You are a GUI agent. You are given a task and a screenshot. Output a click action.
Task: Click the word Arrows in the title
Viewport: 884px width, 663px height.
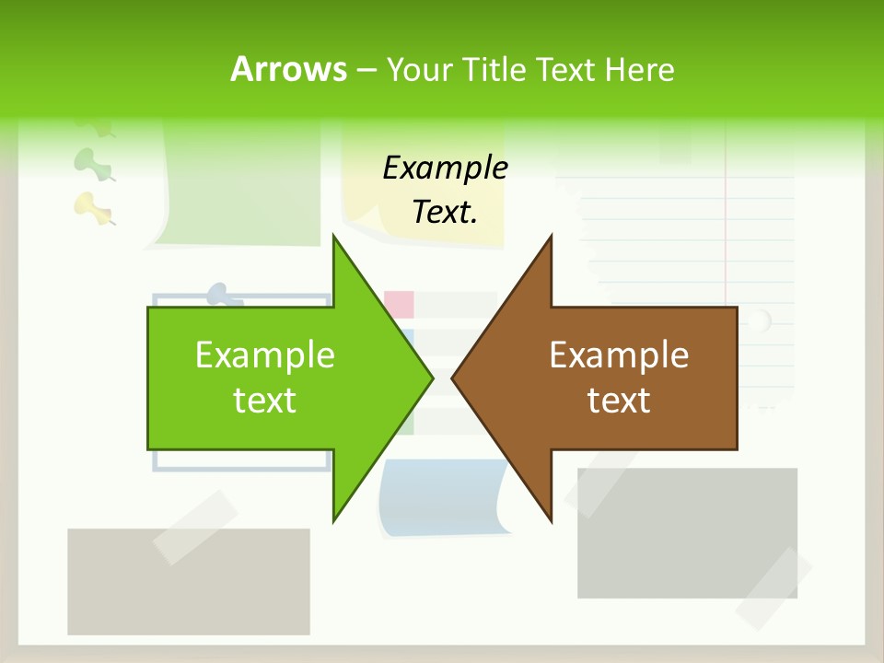point(288,69)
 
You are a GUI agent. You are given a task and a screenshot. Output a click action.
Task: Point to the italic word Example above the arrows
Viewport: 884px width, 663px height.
point(445,168)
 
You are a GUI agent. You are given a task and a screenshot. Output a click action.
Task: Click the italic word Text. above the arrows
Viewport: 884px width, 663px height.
point(445,212)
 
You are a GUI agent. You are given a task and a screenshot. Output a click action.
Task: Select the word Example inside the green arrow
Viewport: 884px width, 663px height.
point(265,355)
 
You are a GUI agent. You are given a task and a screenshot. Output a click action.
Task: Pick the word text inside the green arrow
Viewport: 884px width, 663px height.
point(265,401)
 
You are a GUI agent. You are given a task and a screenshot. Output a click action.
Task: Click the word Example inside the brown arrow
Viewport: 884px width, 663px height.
point(619,355)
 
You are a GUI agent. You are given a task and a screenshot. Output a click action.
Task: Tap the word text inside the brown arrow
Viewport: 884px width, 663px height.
point(619,401)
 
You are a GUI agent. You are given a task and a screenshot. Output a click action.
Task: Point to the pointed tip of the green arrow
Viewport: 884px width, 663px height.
point(430,378)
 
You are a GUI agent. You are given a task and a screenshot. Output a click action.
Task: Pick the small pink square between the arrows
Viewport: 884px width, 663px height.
point(399,303)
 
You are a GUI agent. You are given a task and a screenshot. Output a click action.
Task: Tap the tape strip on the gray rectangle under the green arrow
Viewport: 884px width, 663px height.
point(194,528)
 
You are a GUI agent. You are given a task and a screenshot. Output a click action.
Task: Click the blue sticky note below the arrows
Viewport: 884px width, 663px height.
point(442,502)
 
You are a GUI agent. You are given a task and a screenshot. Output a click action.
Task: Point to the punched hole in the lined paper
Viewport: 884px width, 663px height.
point(759,320)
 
